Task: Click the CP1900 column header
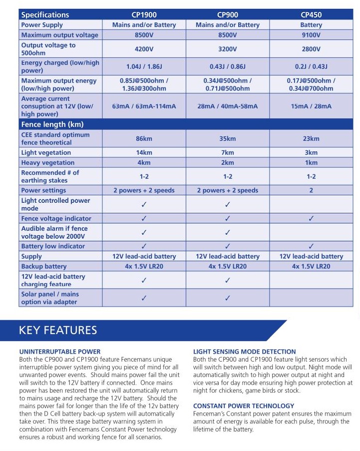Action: pos(144,15)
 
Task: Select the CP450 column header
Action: pos(311,15)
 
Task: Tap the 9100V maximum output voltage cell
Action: pos(311,35)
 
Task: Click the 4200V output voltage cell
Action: pos(144,49)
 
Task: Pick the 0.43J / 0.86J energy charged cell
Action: pos(227,66)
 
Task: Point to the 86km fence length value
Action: pos(144,138)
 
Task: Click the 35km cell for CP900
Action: pos(227,138)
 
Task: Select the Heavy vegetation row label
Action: pos(47,162)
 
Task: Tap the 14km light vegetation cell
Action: pos(144,152)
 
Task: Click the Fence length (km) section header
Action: pos(52,124)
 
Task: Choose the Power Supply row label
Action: pos(42,25)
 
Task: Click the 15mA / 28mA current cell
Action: pos(311,106)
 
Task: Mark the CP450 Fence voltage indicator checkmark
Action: pos(311,218)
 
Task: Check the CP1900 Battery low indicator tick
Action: pos(144,246)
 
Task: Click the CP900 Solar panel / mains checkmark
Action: pos(227,298)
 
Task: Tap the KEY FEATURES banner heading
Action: pos(58,330)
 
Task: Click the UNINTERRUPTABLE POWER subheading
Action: pos(59,352)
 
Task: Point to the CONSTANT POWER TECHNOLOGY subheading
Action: pos(243,406)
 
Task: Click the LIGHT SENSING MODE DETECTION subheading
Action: pos(244,352)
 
